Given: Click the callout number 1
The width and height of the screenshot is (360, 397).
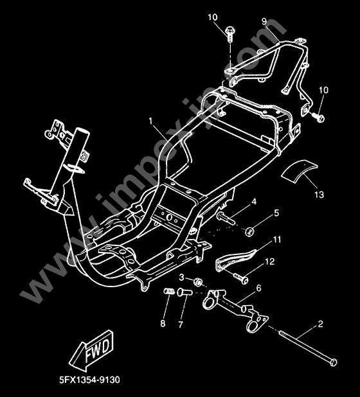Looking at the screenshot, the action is [x=151, y=121].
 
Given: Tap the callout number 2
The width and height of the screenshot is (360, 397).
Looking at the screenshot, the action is [x=320, y=324].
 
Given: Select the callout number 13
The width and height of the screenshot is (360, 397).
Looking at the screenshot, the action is [x=319, y=195].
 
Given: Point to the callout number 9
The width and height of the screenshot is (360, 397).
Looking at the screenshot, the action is [x=264, y=21].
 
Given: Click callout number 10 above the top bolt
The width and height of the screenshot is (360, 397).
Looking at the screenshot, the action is [x=213, y=17].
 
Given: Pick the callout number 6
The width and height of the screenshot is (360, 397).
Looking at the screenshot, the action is [x=258, y=288].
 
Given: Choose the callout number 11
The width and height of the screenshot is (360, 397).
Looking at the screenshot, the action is [x=277, y=239].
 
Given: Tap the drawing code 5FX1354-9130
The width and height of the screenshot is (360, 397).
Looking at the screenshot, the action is [x=89, y=380].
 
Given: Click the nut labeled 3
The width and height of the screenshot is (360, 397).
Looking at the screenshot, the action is [x=197, y=282].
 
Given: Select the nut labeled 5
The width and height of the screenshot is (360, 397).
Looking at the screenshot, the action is [x=250, y=232].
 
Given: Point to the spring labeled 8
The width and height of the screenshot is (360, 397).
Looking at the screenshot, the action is [x=169, y=291].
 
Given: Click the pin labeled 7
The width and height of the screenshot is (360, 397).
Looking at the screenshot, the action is [x=185, y=292].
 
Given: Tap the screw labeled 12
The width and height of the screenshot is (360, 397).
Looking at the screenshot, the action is [x=240, y=278].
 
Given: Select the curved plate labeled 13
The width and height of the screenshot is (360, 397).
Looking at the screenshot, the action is [x=299, y=171].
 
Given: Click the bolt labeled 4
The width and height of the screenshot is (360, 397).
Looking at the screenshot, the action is [x=226, y=218].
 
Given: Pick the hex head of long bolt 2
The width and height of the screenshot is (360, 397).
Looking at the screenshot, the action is [x=334, y=362].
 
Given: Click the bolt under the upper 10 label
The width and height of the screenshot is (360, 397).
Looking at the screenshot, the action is [x=230, y=32].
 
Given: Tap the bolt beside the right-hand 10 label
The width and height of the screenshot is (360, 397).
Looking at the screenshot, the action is [x=318, y=117].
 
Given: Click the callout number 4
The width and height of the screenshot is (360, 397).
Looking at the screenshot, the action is [x=254, y=202].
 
